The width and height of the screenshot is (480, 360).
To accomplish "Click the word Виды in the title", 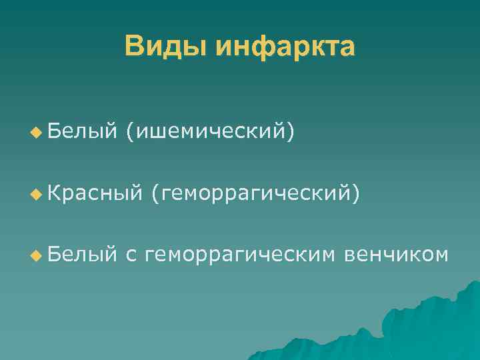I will point(165,47).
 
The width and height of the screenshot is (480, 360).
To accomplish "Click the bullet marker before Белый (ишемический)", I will point(35,133).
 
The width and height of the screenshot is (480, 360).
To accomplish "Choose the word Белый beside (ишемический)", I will point(79,133).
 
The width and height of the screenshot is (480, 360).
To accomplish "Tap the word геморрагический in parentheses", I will point(256,193).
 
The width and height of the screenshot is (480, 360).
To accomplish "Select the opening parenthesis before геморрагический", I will point(155,193).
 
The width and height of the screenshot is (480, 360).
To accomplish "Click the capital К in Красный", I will point(55,193).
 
